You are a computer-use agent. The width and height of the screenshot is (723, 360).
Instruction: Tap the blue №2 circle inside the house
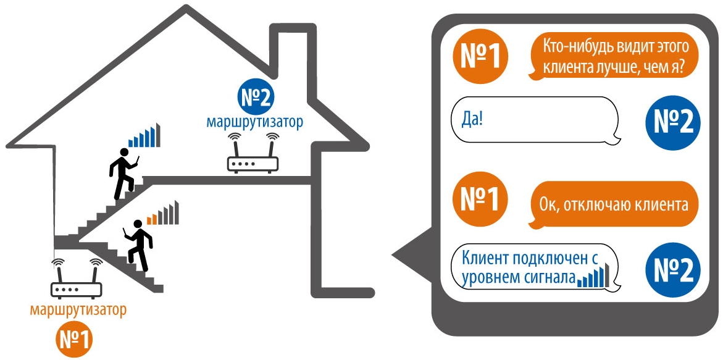tap(255, 98)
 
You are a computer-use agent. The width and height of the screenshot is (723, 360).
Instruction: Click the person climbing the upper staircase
tap(124, 172)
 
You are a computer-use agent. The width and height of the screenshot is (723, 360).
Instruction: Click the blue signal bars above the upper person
tap(144, 135)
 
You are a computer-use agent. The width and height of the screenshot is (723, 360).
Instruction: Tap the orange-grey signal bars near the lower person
tap(163, 213)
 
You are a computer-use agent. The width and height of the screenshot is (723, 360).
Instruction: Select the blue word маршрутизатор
tap(254, 122)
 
